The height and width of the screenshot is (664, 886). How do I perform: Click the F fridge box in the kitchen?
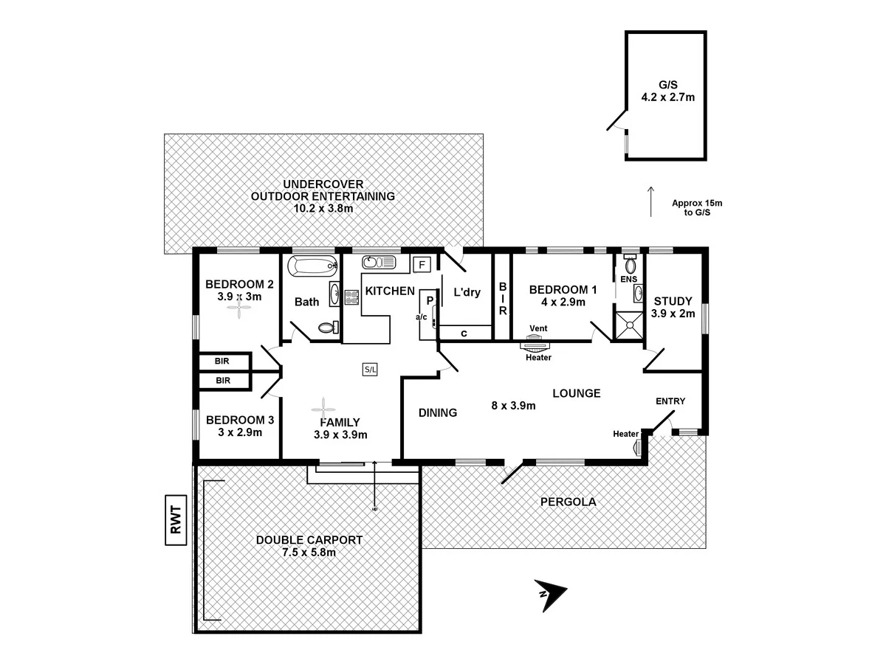coord(422,264)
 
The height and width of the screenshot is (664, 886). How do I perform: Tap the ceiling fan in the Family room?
coord(323,407)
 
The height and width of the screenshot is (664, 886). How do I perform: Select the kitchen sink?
coord(380,262)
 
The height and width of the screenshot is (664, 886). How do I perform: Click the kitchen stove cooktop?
coord(350,297)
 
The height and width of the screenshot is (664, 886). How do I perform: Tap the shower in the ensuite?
coord(629,323)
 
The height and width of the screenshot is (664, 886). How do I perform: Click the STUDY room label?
coord(672,301)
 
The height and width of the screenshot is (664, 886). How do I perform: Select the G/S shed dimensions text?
coord(667,96)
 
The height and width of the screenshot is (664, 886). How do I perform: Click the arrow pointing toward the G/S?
coord(650,201)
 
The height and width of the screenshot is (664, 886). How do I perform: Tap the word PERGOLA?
coord(568,502)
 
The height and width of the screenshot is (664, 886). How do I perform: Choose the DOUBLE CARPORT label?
coord(309,539)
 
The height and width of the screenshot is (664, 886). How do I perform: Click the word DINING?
coord(437,413)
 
